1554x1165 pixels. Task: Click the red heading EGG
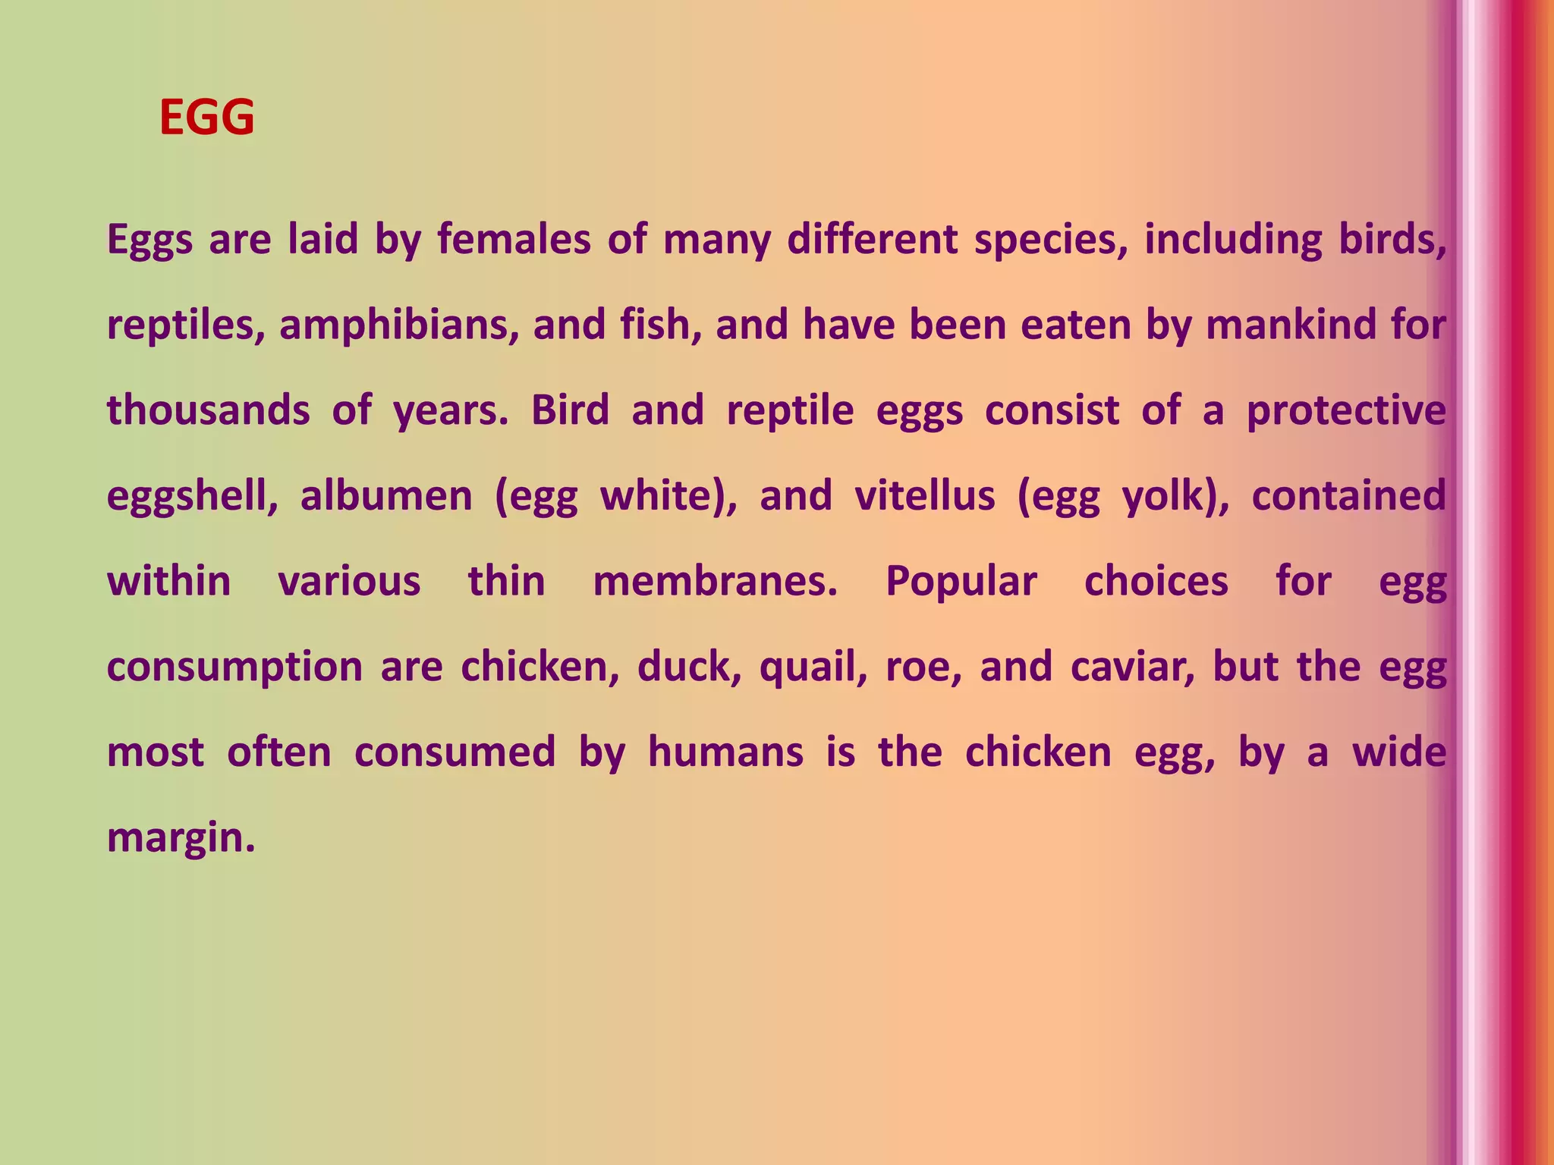click(x=206, y=118)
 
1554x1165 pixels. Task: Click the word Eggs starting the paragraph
click(x=150, y=240)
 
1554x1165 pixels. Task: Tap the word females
click(x=514, y=240)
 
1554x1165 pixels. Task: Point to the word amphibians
click(x=399, y=325)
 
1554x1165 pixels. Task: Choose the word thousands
click(x=209, y=410)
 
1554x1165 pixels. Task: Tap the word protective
click(x=1346, y=410)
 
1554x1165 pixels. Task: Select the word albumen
click(x=386, y=496)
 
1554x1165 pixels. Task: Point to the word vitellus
click(x=924, y=496)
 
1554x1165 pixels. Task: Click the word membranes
click(x=715, y=582)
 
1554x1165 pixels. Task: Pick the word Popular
click(x=961, y=582)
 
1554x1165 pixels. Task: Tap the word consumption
click(x=234, y=667)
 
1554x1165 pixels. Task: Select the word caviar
click(x=1132, y=667)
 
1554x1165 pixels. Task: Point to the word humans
click(x=725, y=752)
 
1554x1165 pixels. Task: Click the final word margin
click(x=180, y=838)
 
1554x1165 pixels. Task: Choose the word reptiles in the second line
click(x=185, y=325)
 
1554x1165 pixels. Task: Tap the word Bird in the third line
click(x=570, y=410)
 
